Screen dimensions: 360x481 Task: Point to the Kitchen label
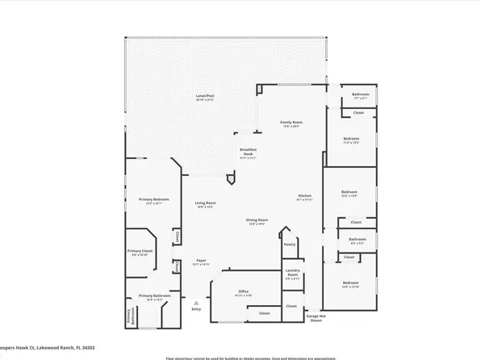[305, 197]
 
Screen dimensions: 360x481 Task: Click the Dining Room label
[257, 221]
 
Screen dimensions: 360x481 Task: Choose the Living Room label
[205, 204]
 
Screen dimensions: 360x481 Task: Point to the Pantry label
[290, 244]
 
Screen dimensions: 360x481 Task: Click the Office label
[243, 292]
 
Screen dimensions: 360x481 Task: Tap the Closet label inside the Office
[264, 312]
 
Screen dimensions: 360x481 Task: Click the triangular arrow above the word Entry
[195, 303]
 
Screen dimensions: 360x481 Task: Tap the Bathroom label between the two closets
[357, 240]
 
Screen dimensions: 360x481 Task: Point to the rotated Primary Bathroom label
[128, 319]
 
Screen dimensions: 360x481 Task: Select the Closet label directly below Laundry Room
[291, 307]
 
